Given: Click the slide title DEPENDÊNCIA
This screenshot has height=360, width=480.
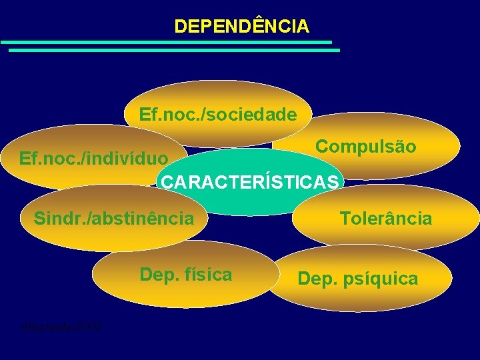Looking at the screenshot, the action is coord(241,26).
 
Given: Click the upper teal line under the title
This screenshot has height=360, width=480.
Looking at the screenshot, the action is coord(167,42).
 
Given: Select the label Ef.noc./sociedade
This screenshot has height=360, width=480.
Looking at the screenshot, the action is coord(218,115).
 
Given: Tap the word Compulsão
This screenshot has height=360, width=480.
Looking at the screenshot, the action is coord(365,146).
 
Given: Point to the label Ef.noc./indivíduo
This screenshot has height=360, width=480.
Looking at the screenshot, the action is coord(94,159).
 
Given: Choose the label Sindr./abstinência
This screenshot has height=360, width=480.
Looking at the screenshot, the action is coord(114,218).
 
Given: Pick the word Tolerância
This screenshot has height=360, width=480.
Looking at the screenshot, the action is coord(386,218).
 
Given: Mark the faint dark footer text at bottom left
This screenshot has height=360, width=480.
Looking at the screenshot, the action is coord(61,326).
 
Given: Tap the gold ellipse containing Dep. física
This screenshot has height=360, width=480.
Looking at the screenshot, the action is coord(185,290).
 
